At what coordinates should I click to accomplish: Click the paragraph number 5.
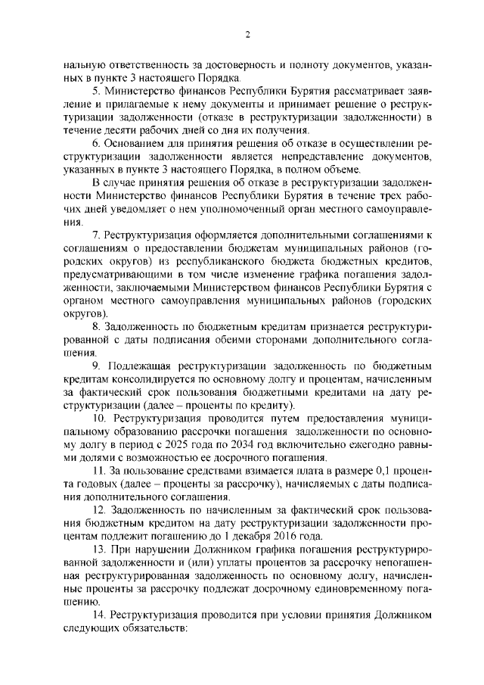(95, 90)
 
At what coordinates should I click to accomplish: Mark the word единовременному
(348, 587)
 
